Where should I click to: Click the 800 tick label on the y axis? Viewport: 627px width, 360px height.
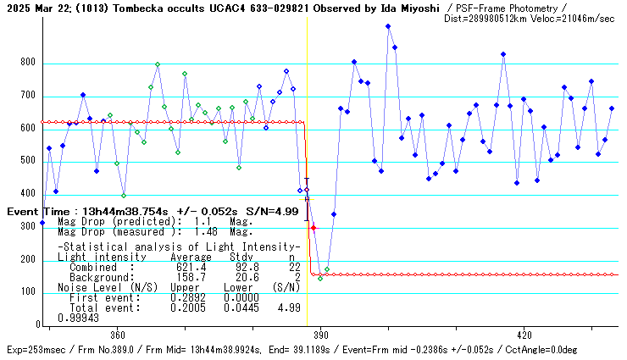(x=28, y=64)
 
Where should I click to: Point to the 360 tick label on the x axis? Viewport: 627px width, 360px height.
(x=117, y=335)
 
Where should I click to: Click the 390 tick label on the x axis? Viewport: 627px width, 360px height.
(x=320, y=335)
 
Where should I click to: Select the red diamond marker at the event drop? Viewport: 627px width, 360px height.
(x=313, y=228)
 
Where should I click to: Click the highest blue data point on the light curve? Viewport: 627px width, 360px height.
(x=388, y=26)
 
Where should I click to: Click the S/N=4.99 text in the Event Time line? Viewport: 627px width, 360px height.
(x=272, y=210)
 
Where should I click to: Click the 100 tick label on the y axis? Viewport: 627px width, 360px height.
(x=28, y=292)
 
